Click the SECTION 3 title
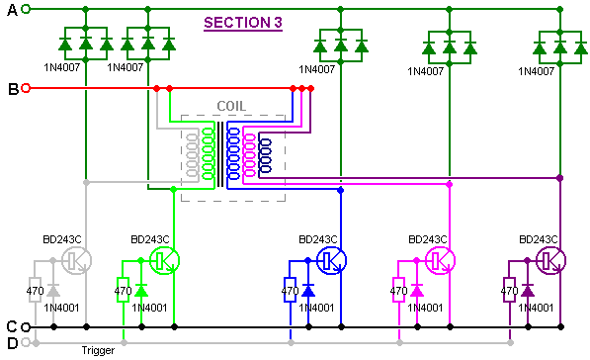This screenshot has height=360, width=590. [243, 23]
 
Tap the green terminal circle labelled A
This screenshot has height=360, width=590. [26, 9]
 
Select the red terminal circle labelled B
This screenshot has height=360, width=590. [26, 88]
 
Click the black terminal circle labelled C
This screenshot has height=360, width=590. [26, 326]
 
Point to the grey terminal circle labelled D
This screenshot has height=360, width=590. [26, 342]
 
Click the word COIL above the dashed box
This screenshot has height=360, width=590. [231, 106]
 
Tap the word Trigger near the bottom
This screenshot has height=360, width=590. [98, 350]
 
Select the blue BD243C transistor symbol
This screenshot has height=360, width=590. [331, 260]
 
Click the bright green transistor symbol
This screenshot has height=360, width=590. [164, 260]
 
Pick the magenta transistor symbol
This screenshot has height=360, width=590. [440, 260]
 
